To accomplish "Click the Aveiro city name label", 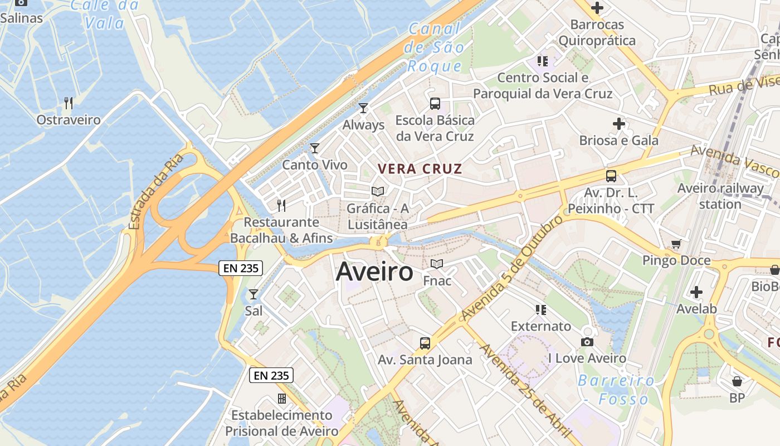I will [x=374, y=272].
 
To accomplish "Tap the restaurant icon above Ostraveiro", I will [x=69, y=103].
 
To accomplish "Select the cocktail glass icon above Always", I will [x=363, y=108].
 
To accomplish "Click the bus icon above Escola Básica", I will [x=435, y=103].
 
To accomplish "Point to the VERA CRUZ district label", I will [x=420, y=169].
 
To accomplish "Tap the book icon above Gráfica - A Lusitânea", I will [x=378, y=191].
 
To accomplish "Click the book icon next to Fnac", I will [x=437, y=264].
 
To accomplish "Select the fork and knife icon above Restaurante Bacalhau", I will [x=281, y=205].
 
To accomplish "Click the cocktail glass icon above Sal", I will [x=253, y=294].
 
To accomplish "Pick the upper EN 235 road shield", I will [x=240, y=268].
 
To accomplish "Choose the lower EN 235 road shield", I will [x=271, y=375].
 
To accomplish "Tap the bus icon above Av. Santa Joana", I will [x=425, y=343].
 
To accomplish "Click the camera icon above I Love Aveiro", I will [x=587, y=342].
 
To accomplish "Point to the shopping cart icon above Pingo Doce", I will [x=676, y=244].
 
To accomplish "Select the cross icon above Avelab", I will [x=696, y=292].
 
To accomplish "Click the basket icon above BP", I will [x=737, y=381].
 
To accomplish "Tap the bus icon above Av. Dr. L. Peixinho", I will [x=611, y=176].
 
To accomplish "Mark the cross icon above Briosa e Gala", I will [x=618, y=124].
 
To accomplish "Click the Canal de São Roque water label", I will [x=435, y=48].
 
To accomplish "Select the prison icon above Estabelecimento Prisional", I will [x=282, y=399].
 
